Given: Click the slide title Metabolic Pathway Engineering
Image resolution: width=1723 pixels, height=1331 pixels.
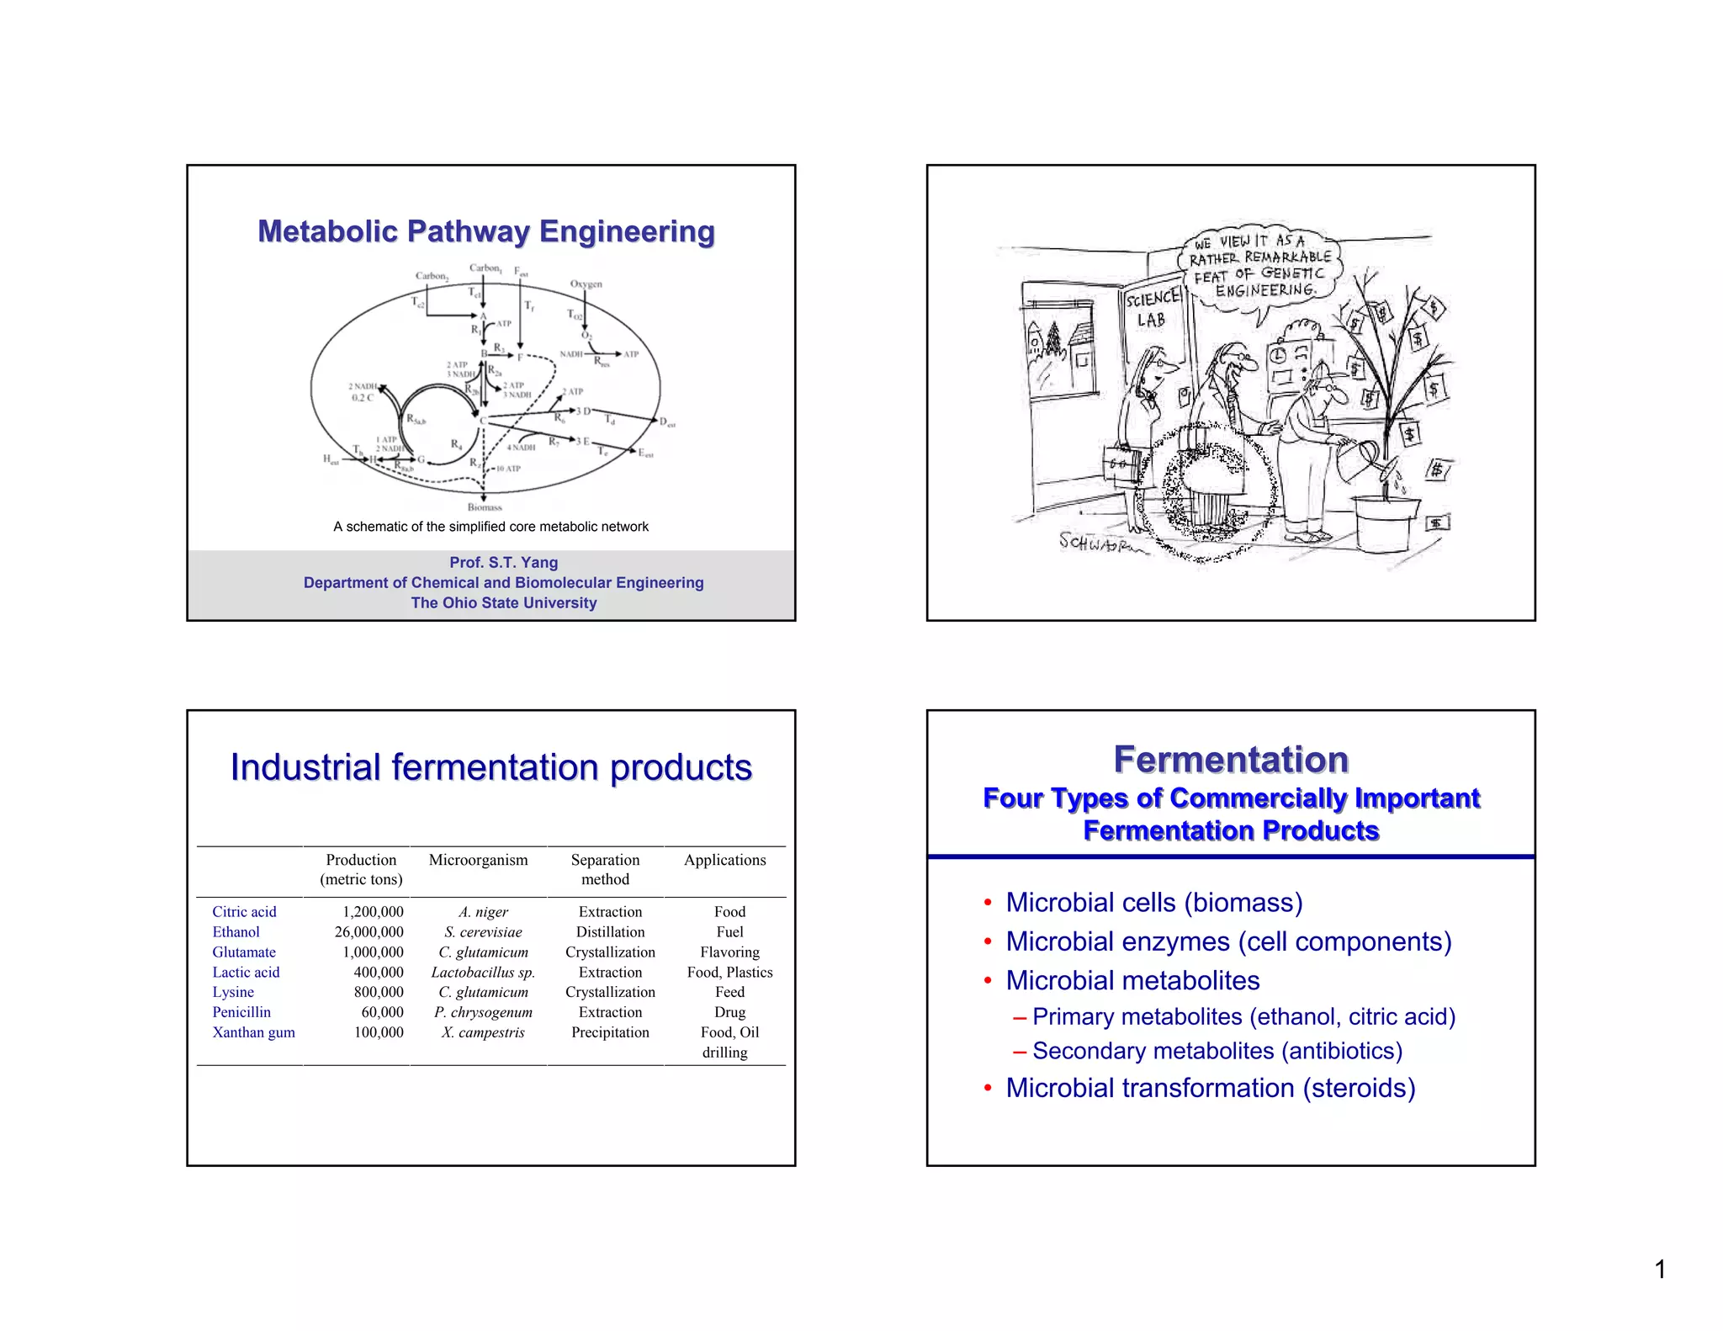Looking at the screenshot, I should pyautogui.click(x=486, y=231).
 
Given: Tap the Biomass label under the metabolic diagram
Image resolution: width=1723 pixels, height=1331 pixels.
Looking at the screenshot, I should pyautogui.click(x=485, y=507).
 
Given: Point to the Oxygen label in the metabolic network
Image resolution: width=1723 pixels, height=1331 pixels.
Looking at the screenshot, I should pyautogui.click(x=586, y=284).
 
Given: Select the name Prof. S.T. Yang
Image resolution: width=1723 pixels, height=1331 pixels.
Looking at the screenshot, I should pyautogui.click(x=503, y=562).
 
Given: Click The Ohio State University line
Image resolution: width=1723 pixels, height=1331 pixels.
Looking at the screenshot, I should pyautogui.click(x=503, y=602).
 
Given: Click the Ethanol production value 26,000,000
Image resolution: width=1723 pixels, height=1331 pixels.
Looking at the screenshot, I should pyautogui.click(x=368, y=931).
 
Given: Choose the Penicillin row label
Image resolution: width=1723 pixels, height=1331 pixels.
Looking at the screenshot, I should pyautogui.click(x=241, y=1012).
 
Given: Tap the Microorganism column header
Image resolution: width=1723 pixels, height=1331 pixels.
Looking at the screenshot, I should pyautogui.click(x=478, y=860).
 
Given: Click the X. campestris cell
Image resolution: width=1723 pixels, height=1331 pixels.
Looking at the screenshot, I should pyautogui.click(x=483, y=1032).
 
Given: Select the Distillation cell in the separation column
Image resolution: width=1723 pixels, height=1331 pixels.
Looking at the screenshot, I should pyautogui.click(x=610, y=931).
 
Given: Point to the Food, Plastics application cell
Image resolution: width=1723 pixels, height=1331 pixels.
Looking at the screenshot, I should pyautogui.click(x=729, y=972).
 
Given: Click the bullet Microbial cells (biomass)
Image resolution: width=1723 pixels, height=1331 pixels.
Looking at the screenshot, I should pyautogui.click(x=1153, y=902).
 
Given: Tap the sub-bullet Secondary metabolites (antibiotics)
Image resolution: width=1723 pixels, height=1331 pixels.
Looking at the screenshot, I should pyautogui.click(x=1217, y=1051).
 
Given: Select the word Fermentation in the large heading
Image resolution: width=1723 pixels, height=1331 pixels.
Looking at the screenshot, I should pyautogui.click(x=1231, y=759).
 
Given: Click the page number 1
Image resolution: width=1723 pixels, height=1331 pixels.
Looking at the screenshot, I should pyautogui.click(x=1660, y=1269).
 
